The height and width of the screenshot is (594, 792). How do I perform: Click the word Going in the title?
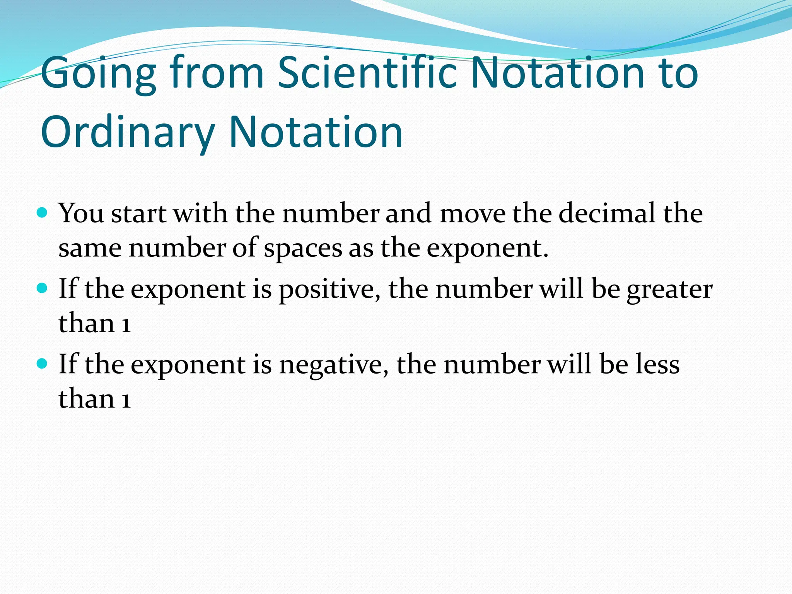coord(98,73)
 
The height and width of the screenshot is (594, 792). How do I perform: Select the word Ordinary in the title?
coord(128,132)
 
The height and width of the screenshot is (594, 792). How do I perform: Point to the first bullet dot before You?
coord(42,213)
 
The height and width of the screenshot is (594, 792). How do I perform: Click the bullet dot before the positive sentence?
coord(42,288)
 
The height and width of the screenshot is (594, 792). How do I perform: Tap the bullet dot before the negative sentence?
coord(42,364)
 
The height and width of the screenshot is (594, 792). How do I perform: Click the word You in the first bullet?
coord(81,213)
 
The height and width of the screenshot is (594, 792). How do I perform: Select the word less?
coord(657,364)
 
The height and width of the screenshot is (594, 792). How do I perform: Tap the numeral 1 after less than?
coord(126,399)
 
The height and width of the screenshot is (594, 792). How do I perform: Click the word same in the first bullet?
coord(90,248)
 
